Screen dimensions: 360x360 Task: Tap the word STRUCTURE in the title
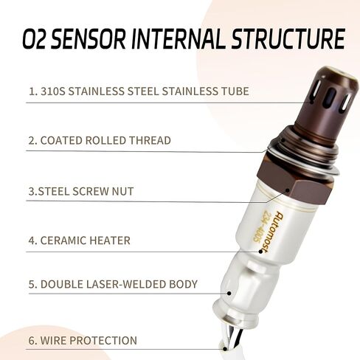coord(284,38)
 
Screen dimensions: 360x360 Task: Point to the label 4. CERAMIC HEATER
coord(80,240)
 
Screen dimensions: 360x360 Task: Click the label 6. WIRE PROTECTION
coord(83,340)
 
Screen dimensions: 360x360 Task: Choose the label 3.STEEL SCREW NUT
coord(81,191)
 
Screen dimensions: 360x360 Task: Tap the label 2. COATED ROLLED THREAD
coord(100,140)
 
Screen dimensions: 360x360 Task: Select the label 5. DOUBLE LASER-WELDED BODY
coord(113,284)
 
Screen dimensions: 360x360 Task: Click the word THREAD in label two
coord(150,140)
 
